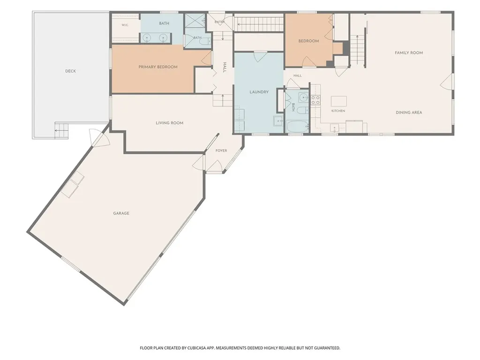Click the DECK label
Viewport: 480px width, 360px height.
(70, 71)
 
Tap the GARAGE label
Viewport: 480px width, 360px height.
(121, 213)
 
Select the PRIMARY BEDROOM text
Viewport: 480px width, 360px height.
(158, 67)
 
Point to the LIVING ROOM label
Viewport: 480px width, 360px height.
(170, 123)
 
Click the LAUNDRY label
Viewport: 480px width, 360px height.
(259, 92)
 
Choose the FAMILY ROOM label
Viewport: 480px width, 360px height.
(409, 52)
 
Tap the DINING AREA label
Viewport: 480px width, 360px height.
(409, 112)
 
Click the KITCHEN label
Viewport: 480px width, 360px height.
(338, 111)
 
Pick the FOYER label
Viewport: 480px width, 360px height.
(221, 150)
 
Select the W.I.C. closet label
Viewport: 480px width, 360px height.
(125, 25)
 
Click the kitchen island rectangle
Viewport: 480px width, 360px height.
(339, 101)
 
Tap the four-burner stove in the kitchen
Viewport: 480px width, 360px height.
(315, 100)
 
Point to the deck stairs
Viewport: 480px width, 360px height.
(61, 130)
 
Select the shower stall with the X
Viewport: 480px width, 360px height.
(195, 21)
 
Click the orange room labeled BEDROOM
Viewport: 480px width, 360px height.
(308, 40)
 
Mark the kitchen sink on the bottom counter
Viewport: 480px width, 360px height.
(334, 127)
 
